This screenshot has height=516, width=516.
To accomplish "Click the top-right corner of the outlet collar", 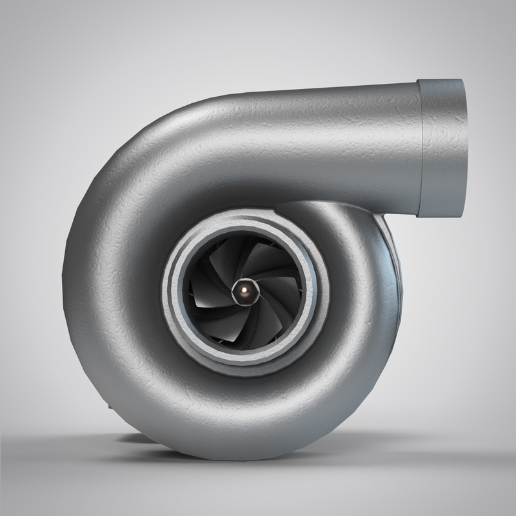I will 462,81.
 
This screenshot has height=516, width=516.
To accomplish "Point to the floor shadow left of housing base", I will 84,445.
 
